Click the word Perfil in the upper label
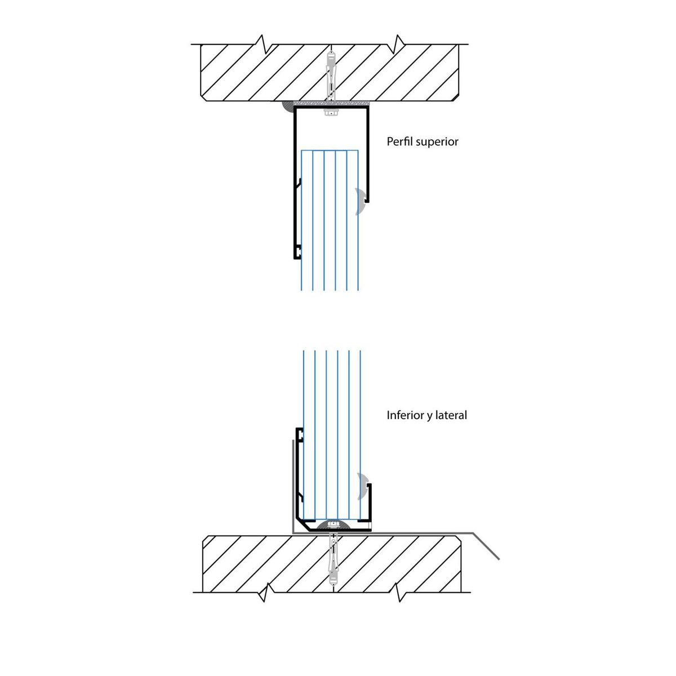(399, 141)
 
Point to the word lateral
(452, 416)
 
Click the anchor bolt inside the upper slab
(331, 73)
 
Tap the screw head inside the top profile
(331, 113)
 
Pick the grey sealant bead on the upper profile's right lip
(361, 202)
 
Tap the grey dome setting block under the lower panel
(333, 525)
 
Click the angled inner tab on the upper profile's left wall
(298, 184)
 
